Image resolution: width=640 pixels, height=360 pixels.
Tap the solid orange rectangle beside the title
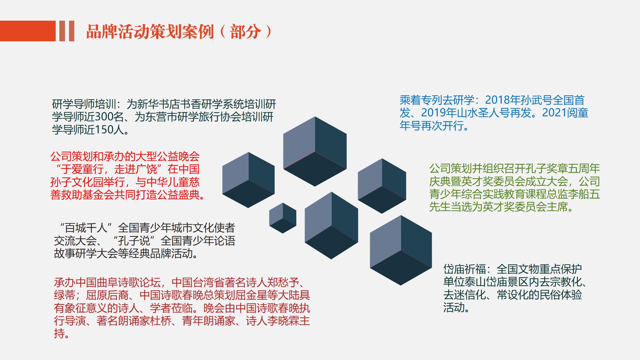pyautogui.click(x=28, y=31)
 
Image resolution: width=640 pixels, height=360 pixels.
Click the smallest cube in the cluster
pyautogui.click(x=283, y=218)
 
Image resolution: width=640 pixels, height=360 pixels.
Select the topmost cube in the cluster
pyautogui.click(x=315, y=151)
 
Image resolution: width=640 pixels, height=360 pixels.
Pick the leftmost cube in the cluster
pyautogui.click(x=248, y=180)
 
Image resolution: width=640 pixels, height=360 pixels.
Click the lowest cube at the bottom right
pyautogui.click(x=401, y=250)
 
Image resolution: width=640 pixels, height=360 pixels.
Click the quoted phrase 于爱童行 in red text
pyautogui.click(x=82, y=169)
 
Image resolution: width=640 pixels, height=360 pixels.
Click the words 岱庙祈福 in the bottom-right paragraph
pyautogui.click(x=465, y=269)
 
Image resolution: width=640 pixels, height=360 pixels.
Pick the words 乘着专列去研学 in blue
pyautogui.click(x=437, y=100)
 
